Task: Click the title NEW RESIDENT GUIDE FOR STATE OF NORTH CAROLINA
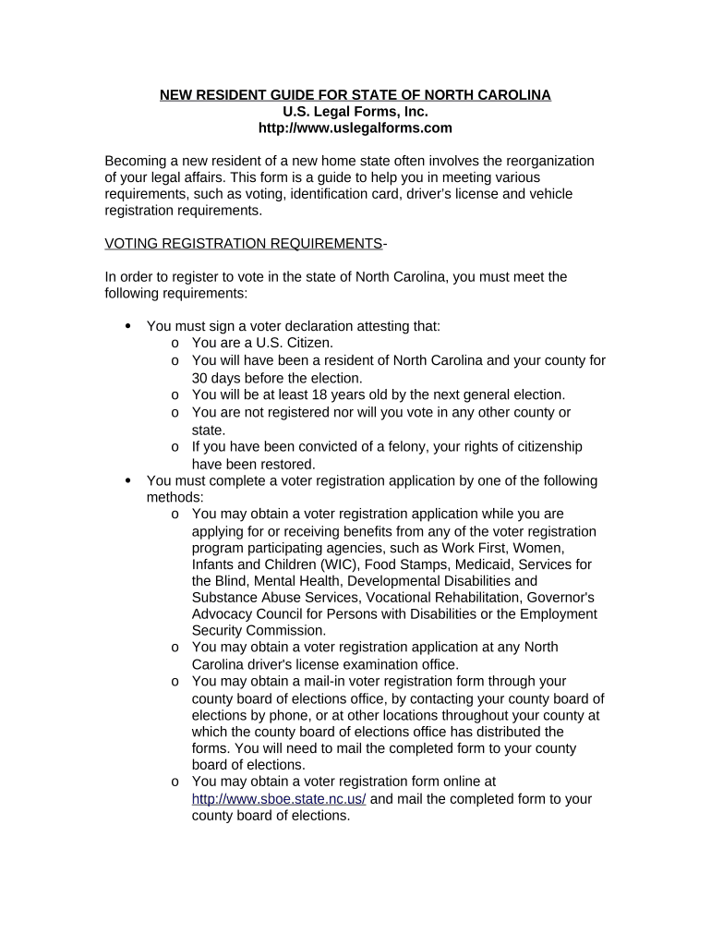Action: click(x=355, y=95)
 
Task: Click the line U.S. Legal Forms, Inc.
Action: click(x=355, y=112)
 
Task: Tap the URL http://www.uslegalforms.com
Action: click(x=355, y=128)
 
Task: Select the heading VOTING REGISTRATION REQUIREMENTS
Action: click(x=244, y=244)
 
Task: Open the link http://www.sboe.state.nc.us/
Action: click(x=279, y=799)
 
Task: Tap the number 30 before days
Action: click(x=200, y=378)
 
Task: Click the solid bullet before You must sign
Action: click(x=127, y=326)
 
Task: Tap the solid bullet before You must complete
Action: click(x=127, y=480)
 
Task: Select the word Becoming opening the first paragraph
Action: click(x=139, y=161)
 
